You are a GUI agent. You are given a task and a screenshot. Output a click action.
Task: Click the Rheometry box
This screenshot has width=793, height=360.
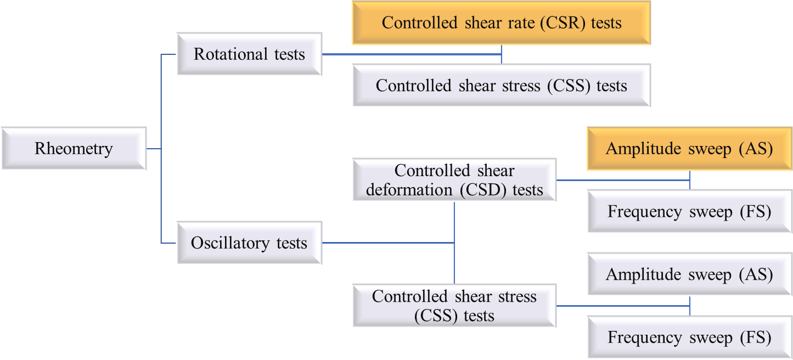(74, 148)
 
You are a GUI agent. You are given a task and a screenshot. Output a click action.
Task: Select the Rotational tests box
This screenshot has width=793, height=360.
(249, 54)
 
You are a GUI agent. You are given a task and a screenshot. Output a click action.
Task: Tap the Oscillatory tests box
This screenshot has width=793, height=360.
(249, 243)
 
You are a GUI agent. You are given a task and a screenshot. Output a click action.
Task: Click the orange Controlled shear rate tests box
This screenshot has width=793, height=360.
(501, 23)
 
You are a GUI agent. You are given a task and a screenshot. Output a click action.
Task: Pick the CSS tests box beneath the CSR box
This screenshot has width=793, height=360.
(501, 86)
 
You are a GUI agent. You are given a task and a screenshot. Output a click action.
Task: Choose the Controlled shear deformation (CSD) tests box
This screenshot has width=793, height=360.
(454, 180)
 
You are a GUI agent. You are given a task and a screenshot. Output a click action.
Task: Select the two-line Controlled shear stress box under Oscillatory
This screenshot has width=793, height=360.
(454, 306)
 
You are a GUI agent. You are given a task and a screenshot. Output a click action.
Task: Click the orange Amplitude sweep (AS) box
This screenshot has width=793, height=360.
(689, 149)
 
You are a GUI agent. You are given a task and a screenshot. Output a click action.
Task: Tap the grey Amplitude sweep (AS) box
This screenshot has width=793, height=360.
(689, 274)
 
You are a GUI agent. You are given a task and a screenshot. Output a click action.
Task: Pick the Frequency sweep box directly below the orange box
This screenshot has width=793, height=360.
(689, 212)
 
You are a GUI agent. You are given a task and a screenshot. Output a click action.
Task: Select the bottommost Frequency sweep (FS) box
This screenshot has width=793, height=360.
(689, 337)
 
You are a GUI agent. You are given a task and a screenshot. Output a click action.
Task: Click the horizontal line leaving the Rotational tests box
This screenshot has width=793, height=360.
(412, 54)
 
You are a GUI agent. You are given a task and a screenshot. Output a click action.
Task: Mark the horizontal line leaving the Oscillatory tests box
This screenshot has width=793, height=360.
(387, 243)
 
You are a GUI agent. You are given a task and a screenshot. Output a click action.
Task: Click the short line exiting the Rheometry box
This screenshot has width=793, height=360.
(154, 148)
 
